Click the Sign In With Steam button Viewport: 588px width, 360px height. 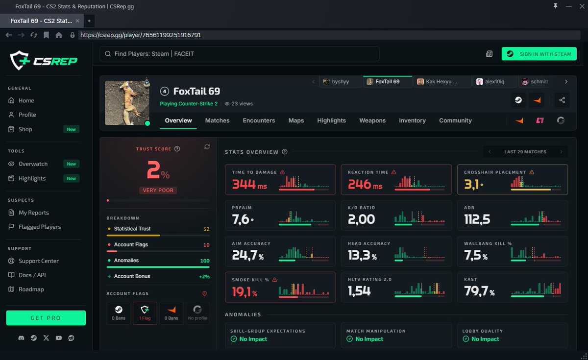click(x=539, y=54)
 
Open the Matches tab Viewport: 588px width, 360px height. click(x=217, y=120)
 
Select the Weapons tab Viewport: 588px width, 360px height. click(x=372, y=120)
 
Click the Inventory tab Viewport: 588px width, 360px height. click(x=412, y=120)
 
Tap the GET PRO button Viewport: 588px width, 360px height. click(x=46, y=318)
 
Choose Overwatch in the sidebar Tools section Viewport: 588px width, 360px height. click(x=33, y=164)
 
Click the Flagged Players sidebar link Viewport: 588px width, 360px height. click(x=39, y=227)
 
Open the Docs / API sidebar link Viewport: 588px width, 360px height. click(x=32, y=275)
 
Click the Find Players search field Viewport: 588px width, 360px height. click(x=240, y=54)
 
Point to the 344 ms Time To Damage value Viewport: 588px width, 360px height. click(x=249, y=184)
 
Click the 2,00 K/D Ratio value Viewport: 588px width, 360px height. click(x=361, y=219)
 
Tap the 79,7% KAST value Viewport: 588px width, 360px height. click(x=479, y=291)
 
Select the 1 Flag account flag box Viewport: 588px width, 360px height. click(x=145, y=313)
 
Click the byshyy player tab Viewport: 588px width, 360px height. click(x=341, y=82)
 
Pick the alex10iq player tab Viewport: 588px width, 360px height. click(x=494, y=82)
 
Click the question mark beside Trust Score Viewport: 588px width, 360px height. click(x=177, y=149)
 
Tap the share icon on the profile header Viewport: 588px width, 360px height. click(x=562, y=100)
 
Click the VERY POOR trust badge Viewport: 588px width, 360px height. click(x=158, y=190)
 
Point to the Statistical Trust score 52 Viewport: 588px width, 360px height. click(x=206, y=229)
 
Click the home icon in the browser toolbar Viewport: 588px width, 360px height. click(x=59, y=35)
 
